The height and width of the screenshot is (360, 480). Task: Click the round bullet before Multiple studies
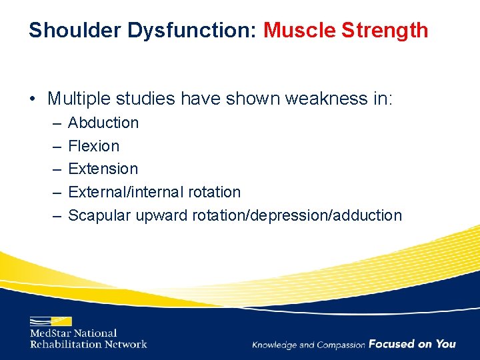point(32,99)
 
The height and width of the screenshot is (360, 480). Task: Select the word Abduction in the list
point(103,123)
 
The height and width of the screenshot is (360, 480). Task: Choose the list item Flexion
point(94,146)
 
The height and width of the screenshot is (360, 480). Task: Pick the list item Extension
point(103,169)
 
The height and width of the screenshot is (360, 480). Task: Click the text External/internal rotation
point(154,192)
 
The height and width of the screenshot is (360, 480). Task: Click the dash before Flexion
point(54,146)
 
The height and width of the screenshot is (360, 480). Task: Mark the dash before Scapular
point(54,215)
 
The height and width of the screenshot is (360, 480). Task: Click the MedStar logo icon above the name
point(51,321)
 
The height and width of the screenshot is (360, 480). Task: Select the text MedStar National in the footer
point(73,333)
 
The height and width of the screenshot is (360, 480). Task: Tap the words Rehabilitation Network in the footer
point(88,344)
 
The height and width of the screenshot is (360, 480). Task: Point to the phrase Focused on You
point(412,344)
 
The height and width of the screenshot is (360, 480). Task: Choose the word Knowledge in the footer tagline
point(275,345)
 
